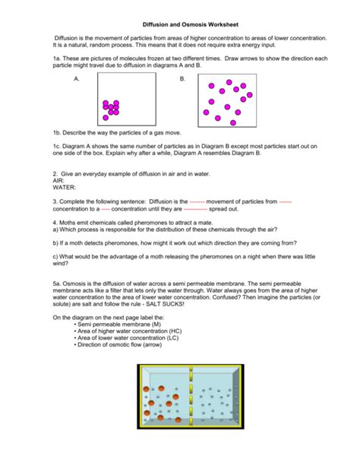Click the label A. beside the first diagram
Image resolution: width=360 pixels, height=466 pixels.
[x=77, y=79]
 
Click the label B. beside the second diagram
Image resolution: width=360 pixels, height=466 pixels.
[x=182, y=79]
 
